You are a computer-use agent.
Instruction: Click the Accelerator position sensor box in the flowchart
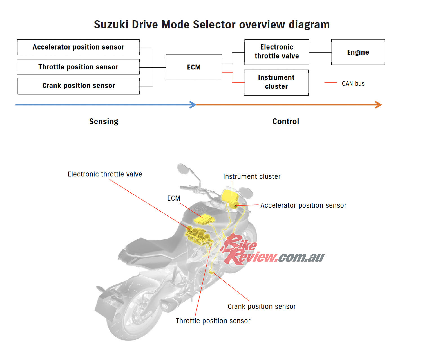pyautogui.click(x=78, y=47)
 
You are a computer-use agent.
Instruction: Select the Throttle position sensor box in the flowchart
pyautogui.click(x=78, y=67)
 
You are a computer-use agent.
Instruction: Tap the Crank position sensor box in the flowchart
pyautogui.click(x=79, y=86)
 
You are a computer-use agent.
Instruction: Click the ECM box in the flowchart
pyautogui.click(x=194, y=67)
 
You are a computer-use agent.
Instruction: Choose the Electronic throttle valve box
pyautogui.click(x=277, y=52)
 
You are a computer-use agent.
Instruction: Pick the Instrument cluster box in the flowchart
pyautogui.click(x=276, y=82)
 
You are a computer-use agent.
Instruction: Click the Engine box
pyautogui.click(x=358, y=52)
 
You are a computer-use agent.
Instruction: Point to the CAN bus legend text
pyautogui.click(x=353, y=84)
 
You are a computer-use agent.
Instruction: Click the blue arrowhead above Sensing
pyautogui.click(x=193, y=105)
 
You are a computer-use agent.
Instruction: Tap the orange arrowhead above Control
pyautogui.click(x=379, y=105)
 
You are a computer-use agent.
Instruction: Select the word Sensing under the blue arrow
pyautogui.click(x=104, y=121)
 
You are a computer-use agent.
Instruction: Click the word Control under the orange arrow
pyautogui.click(x=285, y=121)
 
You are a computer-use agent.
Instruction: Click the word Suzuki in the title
pyautogui.click(x=111, y=25)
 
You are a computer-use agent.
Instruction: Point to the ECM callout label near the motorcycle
pyautogui.click(x=174, y=198)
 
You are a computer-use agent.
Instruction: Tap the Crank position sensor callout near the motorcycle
pyautogui.click(x=262, y=306)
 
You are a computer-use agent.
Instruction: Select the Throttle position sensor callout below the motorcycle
pyautogui.click(x=213, y=321)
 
